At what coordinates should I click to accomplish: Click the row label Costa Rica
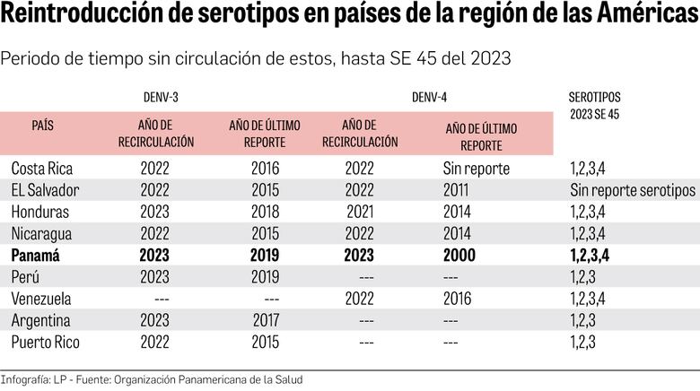click(x=42, y=168)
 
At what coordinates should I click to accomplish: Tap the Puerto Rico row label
click(x=46, y=342)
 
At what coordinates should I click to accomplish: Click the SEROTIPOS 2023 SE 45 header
click(x=594, y=105)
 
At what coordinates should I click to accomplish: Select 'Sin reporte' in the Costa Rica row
click(x=477, y=168)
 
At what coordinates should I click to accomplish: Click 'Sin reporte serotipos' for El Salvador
click(x=632, y=190)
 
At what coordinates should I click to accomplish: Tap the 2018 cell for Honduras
click(x=266, y=212)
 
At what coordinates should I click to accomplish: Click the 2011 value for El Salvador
click(x=458, y=190)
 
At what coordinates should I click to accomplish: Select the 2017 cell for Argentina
click(x=266, y=320)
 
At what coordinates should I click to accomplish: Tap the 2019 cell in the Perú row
click(x=266, y=276)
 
